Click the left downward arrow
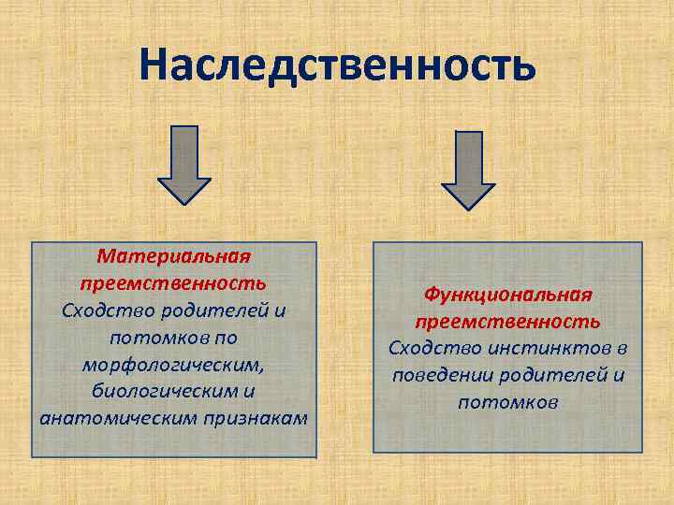coord(183,165)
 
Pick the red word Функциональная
coord(508,295)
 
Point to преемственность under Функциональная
coord(508,322)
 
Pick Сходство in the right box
coord(428,349)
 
